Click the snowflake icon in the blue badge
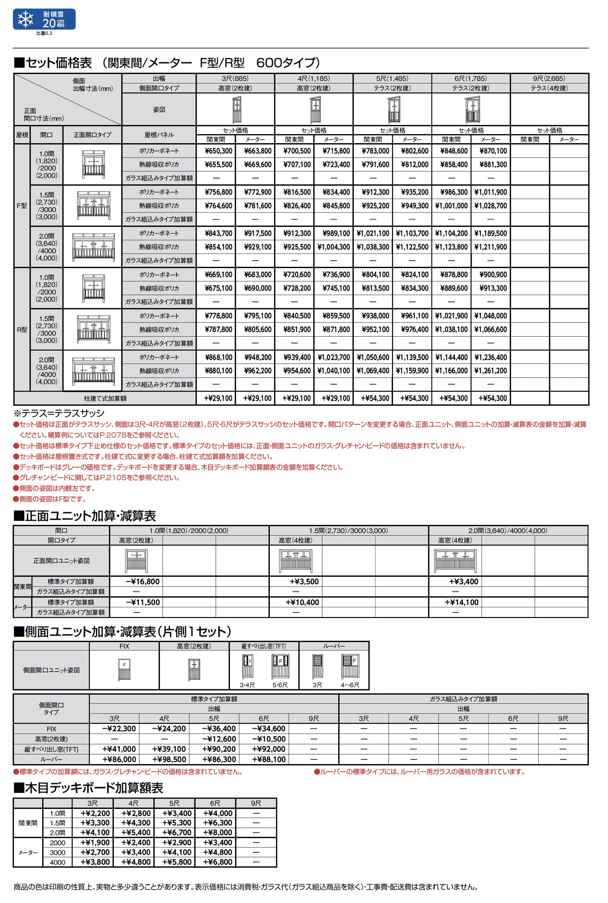point(26,19)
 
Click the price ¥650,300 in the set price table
point(218,151)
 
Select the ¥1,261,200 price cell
point(491,370)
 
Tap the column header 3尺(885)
point(235,78)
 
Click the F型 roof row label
point(22,206)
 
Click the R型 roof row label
point(22,330)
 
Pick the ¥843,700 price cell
point(218,233)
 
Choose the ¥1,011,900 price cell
point(491,192)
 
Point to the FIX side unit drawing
point(124,669)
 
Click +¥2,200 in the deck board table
point(95,813)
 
